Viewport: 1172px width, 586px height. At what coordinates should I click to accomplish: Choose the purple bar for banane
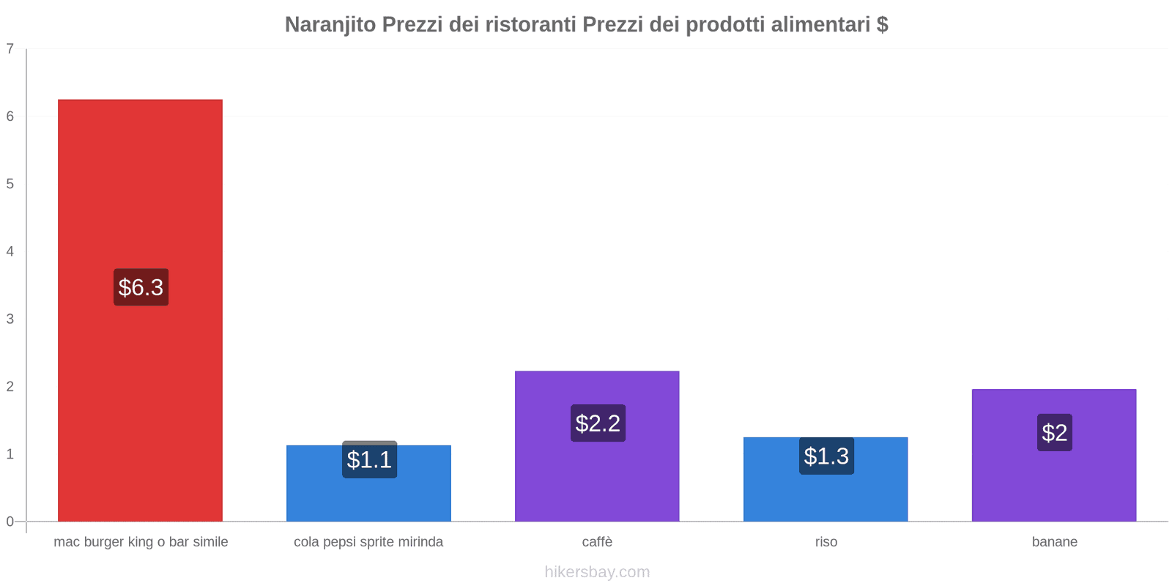point(1054,483)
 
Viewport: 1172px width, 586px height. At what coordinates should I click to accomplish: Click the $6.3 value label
point(141,287)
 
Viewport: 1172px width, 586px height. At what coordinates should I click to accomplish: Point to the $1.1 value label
point(369,460)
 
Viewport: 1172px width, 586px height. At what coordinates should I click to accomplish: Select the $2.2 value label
point(598,423)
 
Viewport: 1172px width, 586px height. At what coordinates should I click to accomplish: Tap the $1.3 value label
point(826,456)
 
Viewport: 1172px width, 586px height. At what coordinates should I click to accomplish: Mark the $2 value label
point(1054,433)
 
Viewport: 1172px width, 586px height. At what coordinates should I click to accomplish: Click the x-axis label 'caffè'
point(597,542)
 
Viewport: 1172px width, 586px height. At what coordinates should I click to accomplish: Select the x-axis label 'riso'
point(826,542)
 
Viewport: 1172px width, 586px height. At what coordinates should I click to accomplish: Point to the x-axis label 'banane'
point(1054,542)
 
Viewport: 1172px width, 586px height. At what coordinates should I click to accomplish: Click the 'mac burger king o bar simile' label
point(141,542)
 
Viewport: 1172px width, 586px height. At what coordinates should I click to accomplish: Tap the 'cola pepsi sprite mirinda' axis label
point(368,542)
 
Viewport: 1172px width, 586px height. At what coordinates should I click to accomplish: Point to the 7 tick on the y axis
point(10,49)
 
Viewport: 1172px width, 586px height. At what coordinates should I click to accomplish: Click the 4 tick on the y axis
point(10,252)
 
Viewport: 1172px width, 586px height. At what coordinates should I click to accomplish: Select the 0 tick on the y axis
point(10,522)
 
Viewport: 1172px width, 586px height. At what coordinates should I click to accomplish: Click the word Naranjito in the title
point(329,24)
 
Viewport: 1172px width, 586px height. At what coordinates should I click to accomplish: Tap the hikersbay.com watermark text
point(597,572)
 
